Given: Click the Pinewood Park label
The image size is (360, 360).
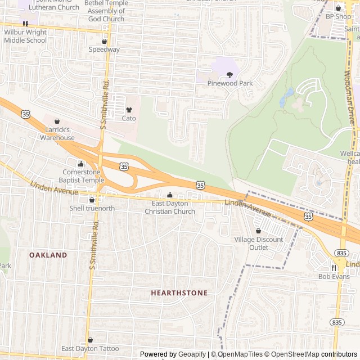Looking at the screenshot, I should (x=230, y=83).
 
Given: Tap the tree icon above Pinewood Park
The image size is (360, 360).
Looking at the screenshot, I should (x=229, y=75).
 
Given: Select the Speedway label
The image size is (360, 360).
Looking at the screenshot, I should (x=104, y=49).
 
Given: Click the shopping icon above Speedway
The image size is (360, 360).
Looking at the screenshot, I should (x=104, y=41).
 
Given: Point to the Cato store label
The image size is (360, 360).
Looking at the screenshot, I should (x=129, y=118).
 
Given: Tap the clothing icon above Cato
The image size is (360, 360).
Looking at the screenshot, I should (x=129, y=110).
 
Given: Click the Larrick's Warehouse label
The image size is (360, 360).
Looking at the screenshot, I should (x=57, y=133).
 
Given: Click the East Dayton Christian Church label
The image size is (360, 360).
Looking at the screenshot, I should (x=170, y=208).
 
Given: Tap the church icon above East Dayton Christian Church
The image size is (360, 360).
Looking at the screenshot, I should (x=170, y=195).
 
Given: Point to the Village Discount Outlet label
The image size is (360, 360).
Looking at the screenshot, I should (x=259, y=243).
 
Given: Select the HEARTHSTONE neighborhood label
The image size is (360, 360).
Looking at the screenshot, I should (x=179, y=293).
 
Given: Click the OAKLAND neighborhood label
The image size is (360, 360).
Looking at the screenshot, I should (x=48, y=255).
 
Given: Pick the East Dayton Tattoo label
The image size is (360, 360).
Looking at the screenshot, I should (x=90, y=349).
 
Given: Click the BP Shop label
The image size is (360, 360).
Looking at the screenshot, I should (x=338, y=16).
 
